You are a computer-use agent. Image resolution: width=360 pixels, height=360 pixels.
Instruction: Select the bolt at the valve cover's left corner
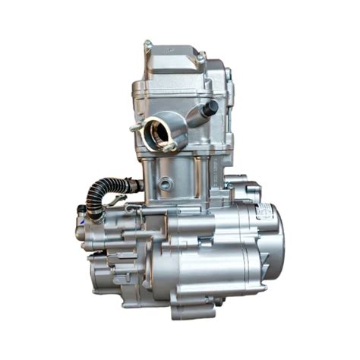(x=147, y=45)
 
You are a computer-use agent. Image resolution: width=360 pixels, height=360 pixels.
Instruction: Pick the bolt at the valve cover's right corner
(x=201, y=55)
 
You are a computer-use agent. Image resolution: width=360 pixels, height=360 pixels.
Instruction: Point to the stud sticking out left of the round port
(x=135, y=128)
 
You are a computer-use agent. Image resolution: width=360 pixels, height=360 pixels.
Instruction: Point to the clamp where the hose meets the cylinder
(x=133, y=184)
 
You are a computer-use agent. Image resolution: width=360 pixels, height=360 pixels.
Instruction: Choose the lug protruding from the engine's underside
(x=217, y=302)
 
